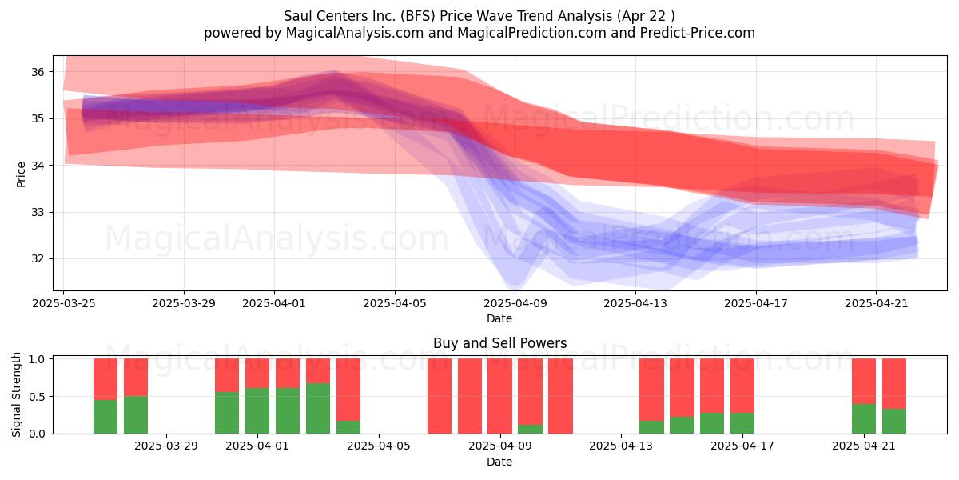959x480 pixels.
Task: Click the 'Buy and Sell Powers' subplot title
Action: (x=499, y=343)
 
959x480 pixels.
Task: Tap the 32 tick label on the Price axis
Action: (x=38, y=259)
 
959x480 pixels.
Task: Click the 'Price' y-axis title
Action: (x=21, y=174)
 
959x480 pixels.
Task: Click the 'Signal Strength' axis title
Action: (x=16, y=394)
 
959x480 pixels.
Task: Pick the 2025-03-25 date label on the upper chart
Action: (x=64, y=303)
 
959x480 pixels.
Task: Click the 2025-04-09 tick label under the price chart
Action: (x=515, y=303)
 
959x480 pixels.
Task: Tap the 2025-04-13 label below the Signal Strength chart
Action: (x=621, y=446)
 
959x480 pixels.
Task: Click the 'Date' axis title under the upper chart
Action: (x=499, y=318)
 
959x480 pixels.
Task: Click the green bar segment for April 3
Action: (x=318, y=409)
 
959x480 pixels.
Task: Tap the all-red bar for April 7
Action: (x=440, y=396)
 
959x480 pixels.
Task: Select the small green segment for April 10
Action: (x=530, y=429)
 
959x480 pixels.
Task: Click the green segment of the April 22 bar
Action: (x=894, y=422)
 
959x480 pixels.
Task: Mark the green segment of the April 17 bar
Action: (x=742, y=423)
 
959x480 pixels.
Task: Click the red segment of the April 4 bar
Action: (x=348, y=390)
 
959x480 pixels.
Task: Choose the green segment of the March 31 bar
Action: (x=227, y=413)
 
